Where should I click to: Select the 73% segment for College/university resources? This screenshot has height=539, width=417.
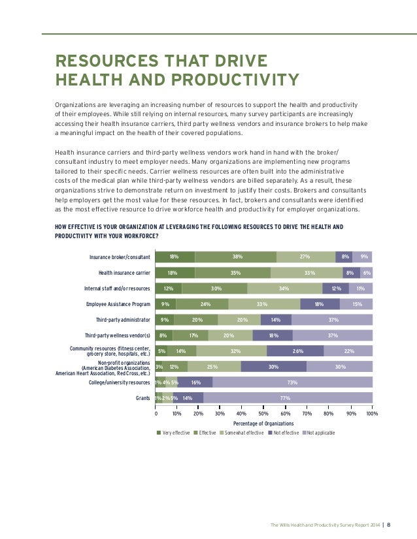(x=292, y=382)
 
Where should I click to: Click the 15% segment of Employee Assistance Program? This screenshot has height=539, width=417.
(x=356, y=303)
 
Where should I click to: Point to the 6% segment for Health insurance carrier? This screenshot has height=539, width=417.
(x=367, y=272)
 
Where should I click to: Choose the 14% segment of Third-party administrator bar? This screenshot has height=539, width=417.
(x=276, y=319)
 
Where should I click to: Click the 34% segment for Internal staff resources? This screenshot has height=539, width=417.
(x=284, y=288)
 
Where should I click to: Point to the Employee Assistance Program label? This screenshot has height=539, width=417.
(x=118, y=303)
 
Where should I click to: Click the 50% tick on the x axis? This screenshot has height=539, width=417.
(x=264, y=413)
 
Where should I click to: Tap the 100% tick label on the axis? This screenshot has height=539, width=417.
(x=372, y=413)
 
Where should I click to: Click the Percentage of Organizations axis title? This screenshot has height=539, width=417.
(x=264, y=423)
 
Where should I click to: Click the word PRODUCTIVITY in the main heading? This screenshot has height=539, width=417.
(x=237, y=80)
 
